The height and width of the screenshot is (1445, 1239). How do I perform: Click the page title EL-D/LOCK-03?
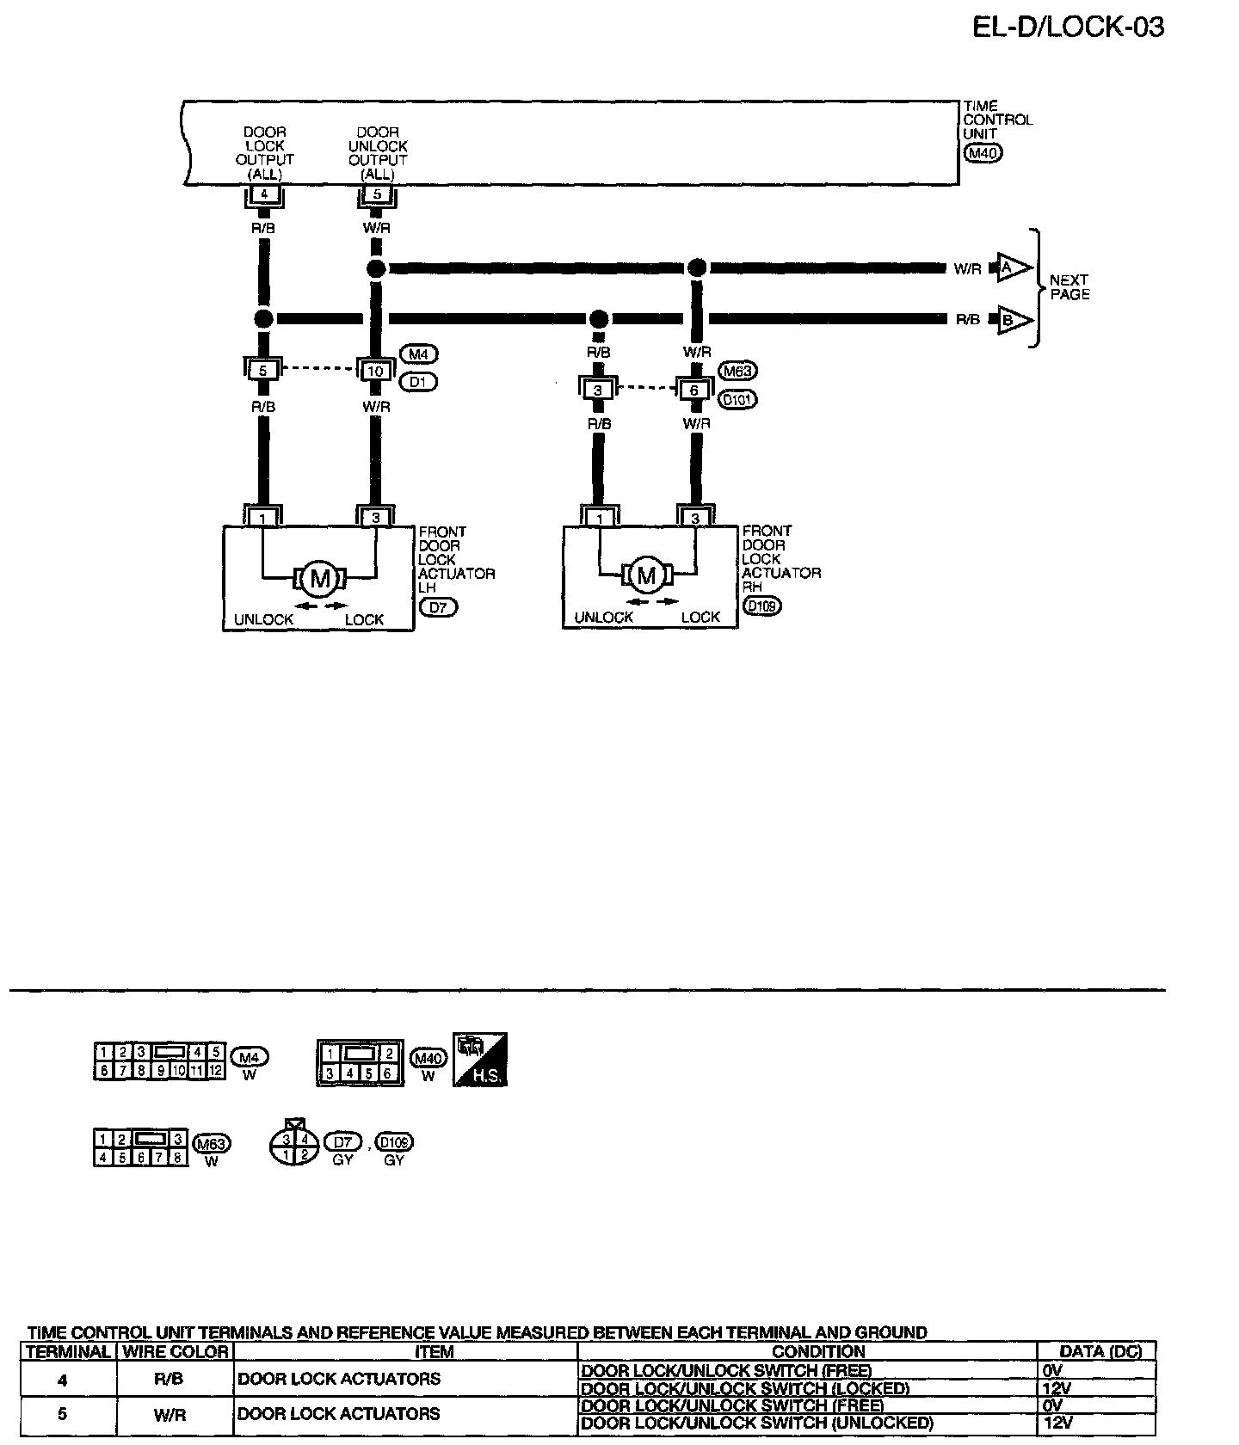pos(1068,27)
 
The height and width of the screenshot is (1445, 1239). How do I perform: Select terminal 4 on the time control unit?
pos(264,194)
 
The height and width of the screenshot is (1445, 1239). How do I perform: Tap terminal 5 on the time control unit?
pos(377,194)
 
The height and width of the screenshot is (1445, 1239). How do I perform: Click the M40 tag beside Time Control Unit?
pos(983,154)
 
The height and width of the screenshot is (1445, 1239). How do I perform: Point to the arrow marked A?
pos(1012,267)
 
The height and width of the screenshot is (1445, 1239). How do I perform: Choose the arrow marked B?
pos(1012,320)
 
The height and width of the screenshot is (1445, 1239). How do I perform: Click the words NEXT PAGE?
pos(1069,287)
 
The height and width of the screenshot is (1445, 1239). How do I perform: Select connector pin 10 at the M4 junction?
pos(376,371)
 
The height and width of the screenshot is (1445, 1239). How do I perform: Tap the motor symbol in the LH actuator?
pos(319,579)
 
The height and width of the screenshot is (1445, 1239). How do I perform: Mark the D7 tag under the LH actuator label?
pos(439,607)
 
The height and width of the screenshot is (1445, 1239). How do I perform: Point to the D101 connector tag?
pos(737,399)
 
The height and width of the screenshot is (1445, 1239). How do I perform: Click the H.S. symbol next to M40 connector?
pos(480,1059)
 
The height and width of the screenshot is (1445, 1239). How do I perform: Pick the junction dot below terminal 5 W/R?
pos(376,268)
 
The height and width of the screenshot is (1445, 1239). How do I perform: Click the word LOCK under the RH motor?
pos(700,617)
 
